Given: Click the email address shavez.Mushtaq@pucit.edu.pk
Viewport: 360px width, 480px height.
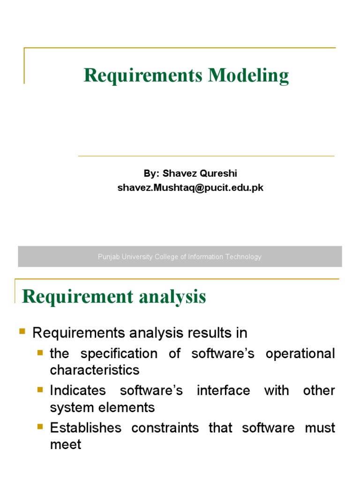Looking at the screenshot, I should [x=190, y=188].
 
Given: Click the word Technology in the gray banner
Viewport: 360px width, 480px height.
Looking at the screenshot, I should [x=242, y=257].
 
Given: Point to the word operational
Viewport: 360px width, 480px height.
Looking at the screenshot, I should [x=300, y=353].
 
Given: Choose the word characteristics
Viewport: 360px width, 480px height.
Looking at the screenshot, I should [x=95, y=370].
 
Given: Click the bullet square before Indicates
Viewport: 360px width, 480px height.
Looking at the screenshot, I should [x=40, y=389].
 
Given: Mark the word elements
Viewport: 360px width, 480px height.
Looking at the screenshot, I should [x=129, y=407].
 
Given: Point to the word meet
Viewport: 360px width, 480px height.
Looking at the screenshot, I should [x=65, y=444].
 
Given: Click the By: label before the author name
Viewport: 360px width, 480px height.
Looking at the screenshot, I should [x=151, y=173].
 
